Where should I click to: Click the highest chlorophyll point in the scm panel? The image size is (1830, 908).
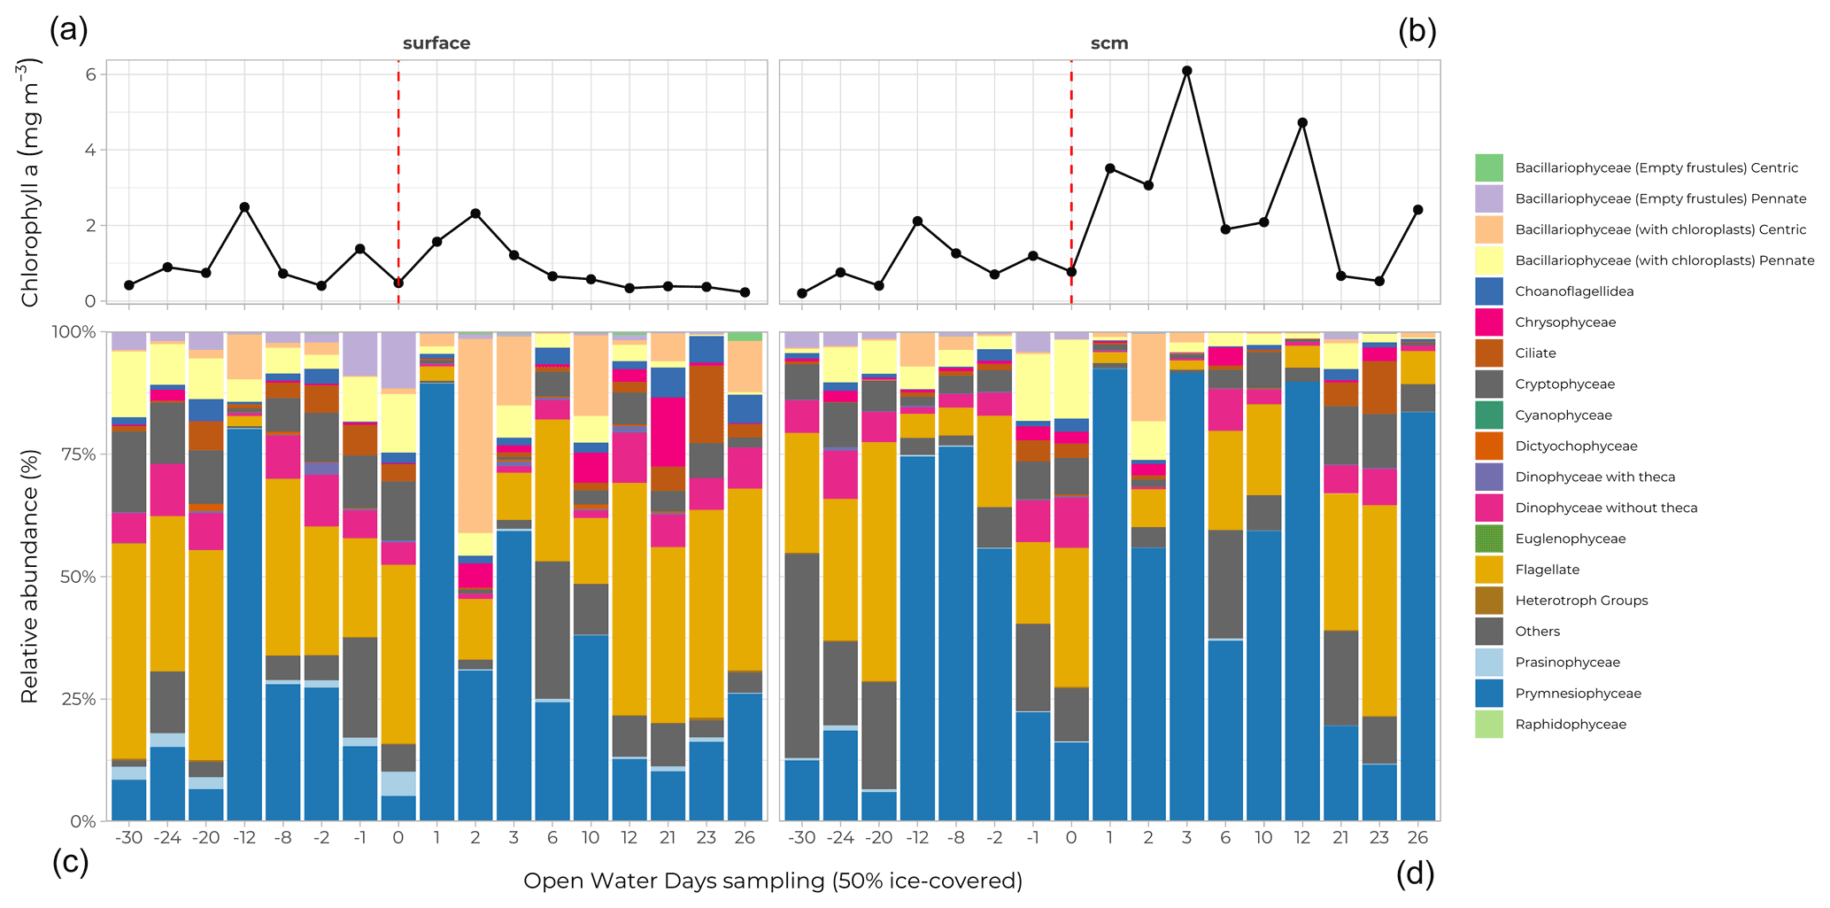1186,71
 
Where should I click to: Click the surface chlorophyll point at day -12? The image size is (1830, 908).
244,207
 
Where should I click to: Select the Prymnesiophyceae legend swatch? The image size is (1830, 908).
1488,694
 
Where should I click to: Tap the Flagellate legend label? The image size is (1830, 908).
1547,570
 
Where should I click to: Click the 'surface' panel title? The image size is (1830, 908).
436,43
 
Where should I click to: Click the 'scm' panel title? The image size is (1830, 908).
1108,43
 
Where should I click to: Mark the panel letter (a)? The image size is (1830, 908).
69,30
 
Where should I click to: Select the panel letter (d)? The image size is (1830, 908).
1415,874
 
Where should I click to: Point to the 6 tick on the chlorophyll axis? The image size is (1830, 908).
90,74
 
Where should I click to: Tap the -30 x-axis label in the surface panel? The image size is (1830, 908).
128,838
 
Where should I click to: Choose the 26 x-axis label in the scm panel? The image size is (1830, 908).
1417,838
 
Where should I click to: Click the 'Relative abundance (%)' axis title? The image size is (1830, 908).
30,576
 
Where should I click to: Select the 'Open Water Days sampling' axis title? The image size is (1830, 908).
772,881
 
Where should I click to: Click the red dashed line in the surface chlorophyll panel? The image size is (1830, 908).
398,159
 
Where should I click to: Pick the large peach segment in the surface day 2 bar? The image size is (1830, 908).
475,434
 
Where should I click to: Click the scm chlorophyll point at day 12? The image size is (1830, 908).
1302,123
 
